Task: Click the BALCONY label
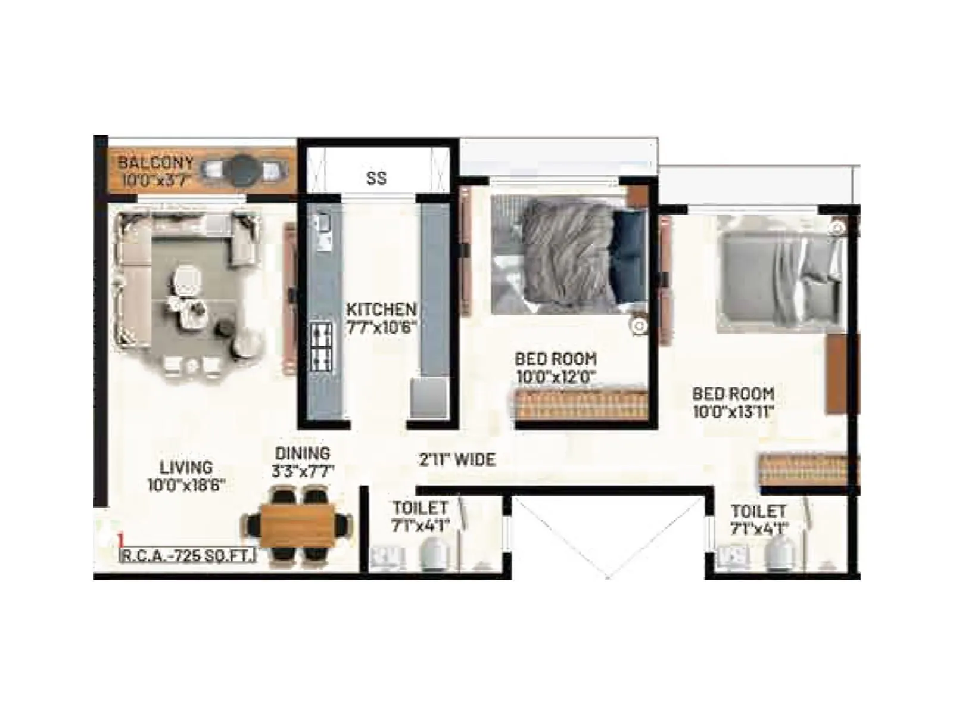[155, 162]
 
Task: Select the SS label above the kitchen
[376, 178]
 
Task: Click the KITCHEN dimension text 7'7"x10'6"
[381, 327]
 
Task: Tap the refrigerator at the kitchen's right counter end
[428, 397]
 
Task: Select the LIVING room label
[186, 467]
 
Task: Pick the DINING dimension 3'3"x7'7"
[303, 471]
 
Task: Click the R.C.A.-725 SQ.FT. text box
[188, 556]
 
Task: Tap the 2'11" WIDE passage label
[457, 459]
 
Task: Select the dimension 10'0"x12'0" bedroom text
[556, 377]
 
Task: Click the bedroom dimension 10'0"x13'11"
[733, 411]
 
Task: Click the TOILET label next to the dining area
[420, 508]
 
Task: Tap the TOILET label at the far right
[758, 511]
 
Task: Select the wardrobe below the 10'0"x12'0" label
[581, 405]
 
